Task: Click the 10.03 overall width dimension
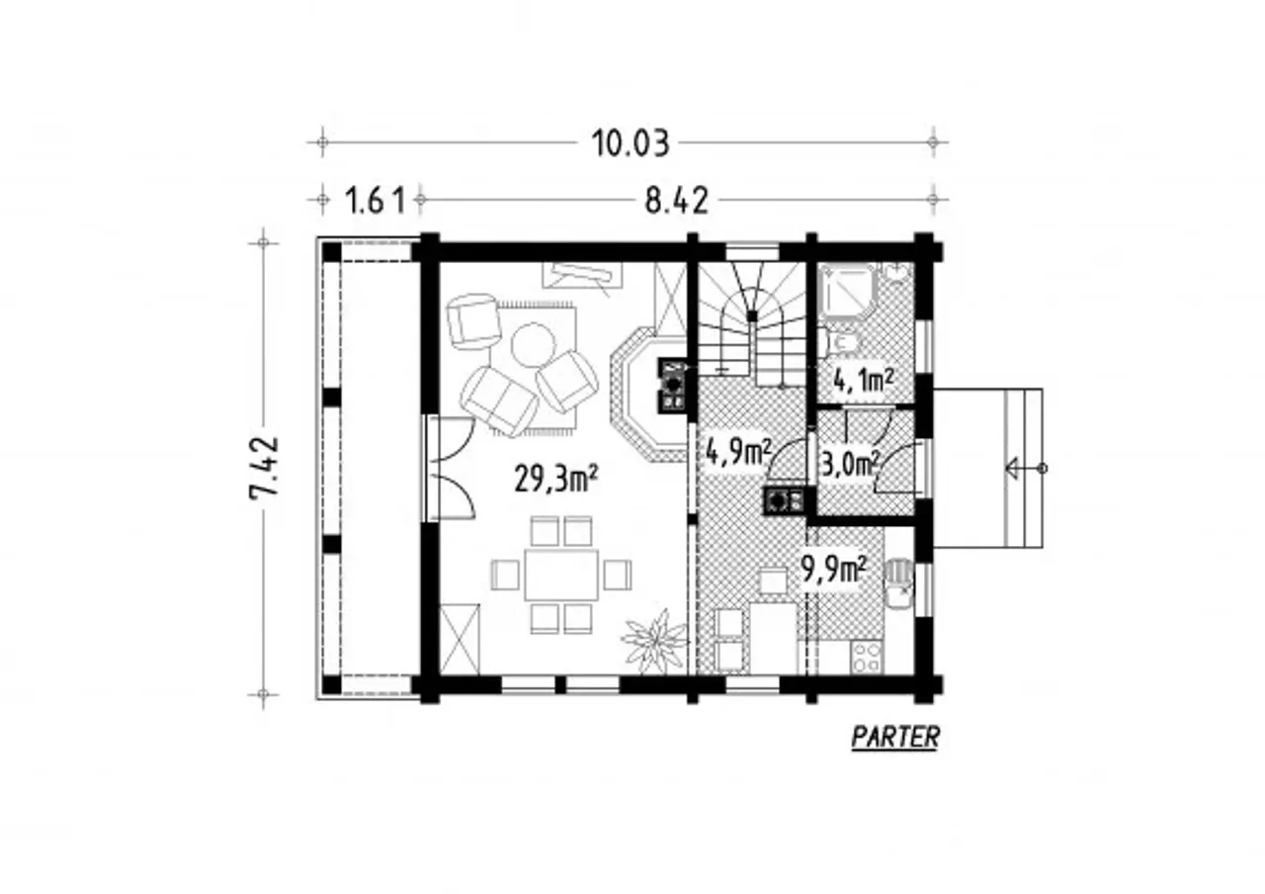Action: point(630,144)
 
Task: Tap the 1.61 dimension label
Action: point(375,201)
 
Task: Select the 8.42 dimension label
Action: point(676,201)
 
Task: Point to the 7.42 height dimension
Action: point(264,466)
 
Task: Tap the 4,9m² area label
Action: point(738,452)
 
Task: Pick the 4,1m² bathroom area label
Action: point(864,382)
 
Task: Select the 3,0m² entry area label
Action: point(849,465)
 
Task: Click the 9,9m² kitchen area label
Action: point(834,571)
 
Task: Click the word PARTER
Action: point(895,737)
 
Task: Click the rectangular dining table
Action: point(561,576)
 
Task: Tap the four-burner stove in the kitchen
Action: point(866,657)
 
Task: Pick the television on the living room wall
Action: point(582,276)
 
